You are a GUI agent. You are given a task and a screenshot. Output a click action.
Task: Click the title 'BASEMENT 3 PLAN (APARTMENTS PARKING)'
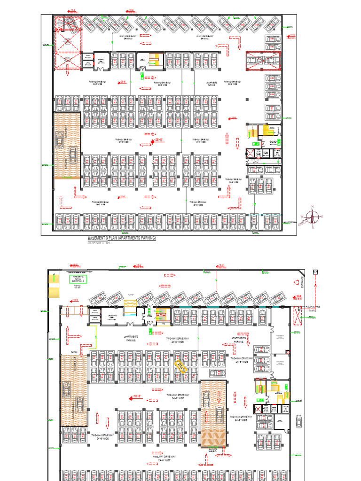(x=121, y=239)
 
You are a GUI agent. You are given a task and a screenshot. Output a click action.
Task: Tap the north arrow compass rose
(x=310, y=217)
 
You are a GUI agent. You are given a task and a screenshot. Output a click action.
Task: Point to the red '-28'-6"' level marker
(x=158, y=140)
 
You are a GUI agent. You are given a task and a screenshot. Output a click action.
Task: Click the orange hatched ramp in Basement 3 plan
(x=67, y=146)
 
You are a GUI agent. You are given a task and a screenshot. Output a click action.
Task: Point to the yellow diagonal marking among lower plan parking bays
(x=181, y=366)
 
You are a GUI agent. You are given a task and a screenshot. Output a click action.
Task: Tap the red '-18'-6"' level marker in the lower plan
(x=137, y=396)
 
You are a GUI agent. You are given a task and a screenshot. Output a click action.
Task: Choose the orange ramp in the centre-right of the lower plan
(x=212, y=413)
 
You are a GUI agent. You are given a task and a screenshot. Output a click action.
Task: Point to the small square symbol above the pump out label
(x=315, y=272)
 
